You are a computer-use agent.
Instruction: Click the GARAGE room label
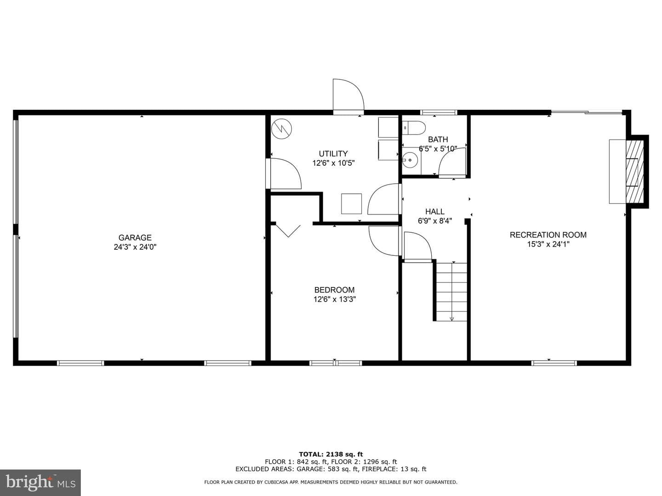tap(135, 237)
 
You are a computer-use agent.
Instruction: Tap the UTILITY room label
tap(333, 153)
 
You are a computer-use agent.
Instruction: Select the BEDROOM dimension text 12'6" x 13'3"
tap(335, 299)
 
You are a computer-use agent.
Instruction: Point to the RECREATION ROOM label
tap(548, 235)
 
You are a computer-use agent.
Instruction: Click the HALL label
tap(435, 211)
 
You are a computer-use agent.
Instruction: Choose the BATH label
tap(438, 140)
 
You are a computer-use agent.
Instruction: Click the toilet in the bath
tap(414, 127)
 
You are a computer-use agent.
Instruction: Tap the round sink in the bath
tap(410, 160)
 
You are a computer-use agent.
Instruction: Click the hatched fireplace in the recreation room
tap(635, 171)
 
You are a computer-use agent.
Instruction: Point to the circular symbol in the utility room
tap(282, 129)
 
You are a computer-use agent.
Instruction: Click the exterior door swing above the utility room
tap(348, 95)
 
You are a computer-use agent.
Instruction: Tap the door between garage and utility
tap(284, 174)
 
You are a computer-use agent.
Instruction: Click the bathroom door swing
tap(452, 162)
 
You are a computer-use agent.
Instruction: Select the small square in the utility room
tap(351, 204)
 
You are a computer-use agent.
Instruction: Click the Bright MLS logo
tap(40, 482)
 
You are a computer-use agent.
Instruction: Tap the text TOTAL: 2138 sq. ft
tap(331, 454)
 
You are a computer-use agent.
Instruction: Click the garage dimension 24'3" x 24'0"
tap(135, 247)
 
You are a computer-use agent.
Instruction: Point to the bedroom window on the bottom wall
tap(336, 363)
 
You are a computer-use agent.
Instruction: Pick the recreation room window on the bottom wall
tap(554, 363)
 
